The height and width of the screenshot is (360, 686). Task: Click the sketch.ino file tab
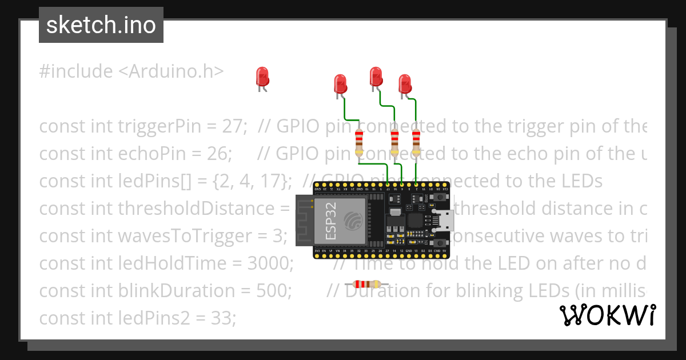(x=101, y=25)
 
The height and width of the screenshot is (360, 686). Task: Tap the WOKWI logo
(x=607, y=315)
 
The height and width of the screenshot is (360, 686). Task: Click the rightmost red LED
(x=405, y=84)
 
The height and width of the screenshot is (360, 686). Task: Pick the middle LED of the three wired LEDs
(x=376, y=77)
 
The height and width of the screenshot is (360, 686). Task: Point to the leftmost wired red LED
(x=340, y=84)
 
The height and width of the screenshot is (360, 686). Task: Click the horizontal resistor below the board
(x=366, y=284)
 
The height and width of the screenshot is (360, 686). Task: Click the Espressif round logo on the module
(x=353, y=219)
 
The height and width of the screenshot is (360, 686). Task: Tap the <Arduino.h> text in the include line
(x=171, y=71)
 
